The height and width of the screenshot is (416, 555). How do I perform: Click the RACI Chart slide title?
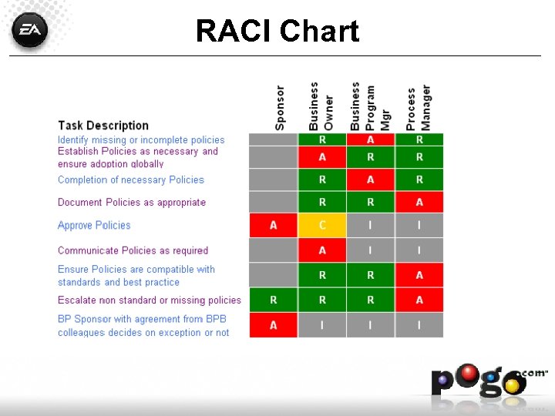point(277,32)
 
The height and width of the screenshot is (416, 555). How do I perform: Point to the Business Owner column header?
point(321,106)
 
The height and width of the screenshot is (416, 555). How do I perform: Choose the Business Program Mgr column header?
point(371,106)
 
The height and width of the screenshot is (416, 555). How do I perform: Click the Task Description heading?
point(103,126)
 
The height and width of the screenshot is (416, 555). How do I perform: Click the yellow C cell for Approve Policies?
point(322,225)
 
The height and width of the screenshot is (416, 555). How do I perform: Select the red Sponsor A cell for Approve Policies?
point(273,225)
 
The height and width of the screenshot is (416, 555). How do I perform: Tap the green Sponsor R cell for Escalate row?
point(273,300)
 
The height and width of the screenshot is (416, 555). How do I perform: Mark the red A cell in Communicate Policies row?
point(322,250)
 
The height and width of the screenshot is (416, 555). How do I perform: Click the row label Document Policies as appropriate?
point(132,203)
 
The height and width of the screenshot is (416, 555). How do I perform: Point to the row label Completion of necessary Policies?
point(131,180)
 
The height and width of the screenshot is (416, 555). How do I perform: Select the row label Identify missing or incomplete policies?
point(141,140)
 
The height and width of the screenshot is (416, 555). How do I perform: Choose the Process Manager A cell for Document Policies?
point(419,202)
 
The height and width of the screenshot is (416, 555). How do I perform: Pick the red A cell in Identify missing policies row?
point(371,139)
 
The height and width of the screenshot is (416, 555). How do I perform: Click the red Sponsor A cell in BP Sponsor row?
point(273,326)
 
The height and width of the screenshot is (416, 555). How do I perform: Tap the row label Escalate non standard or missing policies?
point(150,300)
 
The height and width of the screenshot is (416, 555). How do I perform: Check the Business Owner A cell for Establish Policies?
point(322,156)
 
